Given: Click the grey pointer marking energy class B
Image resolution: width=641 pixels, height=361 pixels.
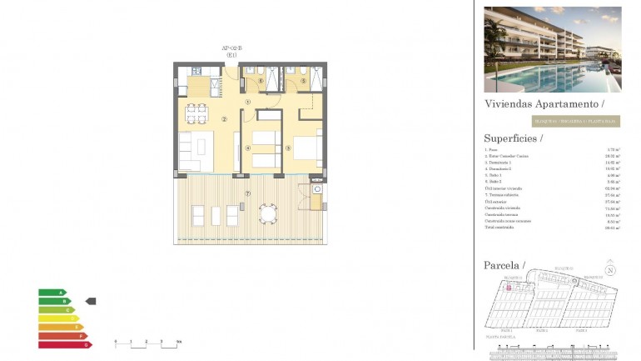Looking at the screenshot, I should click(91, 301).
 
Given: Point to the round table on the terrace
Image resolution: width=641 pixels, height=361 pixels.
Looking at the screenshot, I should click(269, 214).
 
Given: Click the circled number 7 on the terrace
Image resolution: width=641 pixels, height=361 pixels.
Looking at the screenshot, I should click(247, 193).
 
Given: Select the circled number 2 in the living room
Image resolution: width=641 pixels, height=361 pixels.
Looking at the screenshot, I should click(224, 119).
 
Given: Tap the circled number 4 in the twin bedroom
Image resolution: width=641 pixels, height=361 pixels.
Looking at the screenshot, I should click(248, 148).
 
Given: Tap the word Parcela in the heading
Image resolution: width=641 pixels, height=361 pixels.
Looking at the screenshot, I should click(502, 265).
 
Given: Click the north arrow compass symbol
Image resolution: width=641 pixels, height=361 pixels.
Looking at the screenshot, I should click(610, 270).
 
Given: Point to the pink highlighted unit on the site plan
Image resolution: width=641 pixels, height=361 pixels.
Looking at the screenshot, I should click(509, 286).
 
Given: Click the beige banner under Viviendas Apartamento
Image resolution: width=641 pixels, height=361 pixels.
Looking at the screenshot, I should click(575, 121).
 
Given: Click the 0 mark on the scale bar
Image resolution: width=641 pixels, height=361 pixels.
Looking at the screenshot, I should click(116, 343).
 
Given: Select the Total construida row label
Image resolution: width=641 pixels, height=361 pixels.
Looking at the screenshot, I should click(500, 227).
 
